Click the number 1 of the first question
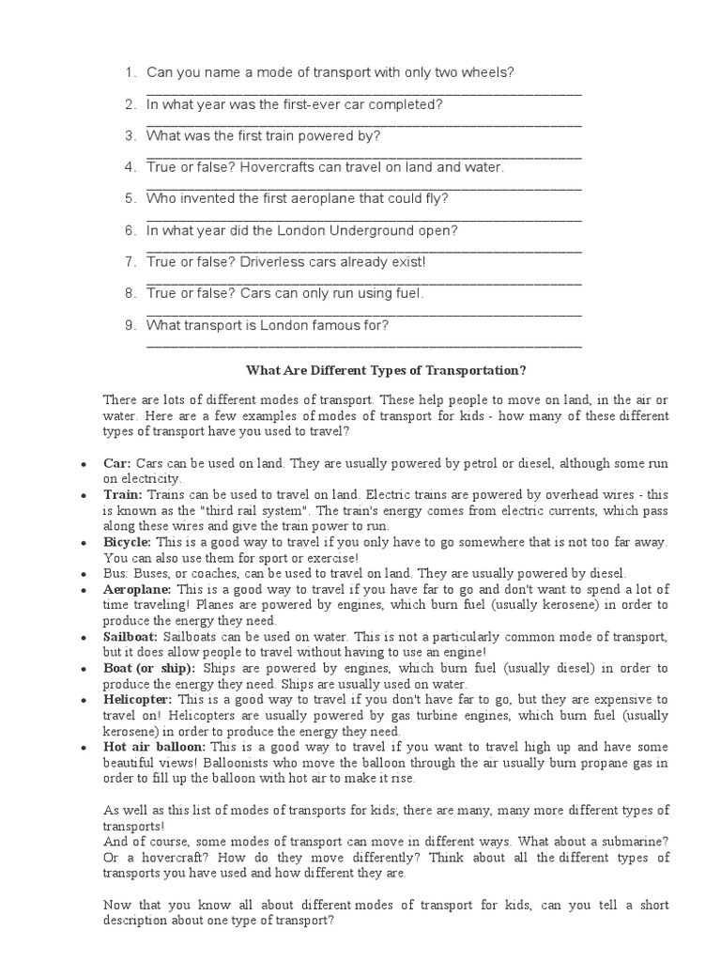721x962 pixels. (130, 72)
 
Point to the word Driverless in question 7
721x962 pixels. (270, 262)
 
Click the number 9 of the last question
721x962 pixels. (130, 325)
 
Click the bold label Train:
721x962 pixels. (122, 493)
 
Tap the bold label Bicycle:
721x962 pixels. (128, 542)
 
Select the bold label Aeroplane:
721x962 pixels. (137, 588)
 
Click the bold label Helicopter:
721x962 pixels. (138, 700)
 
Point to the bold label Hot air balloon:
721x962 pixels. (154, 748)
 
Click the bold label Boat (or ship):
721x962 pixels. (148, 668)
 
